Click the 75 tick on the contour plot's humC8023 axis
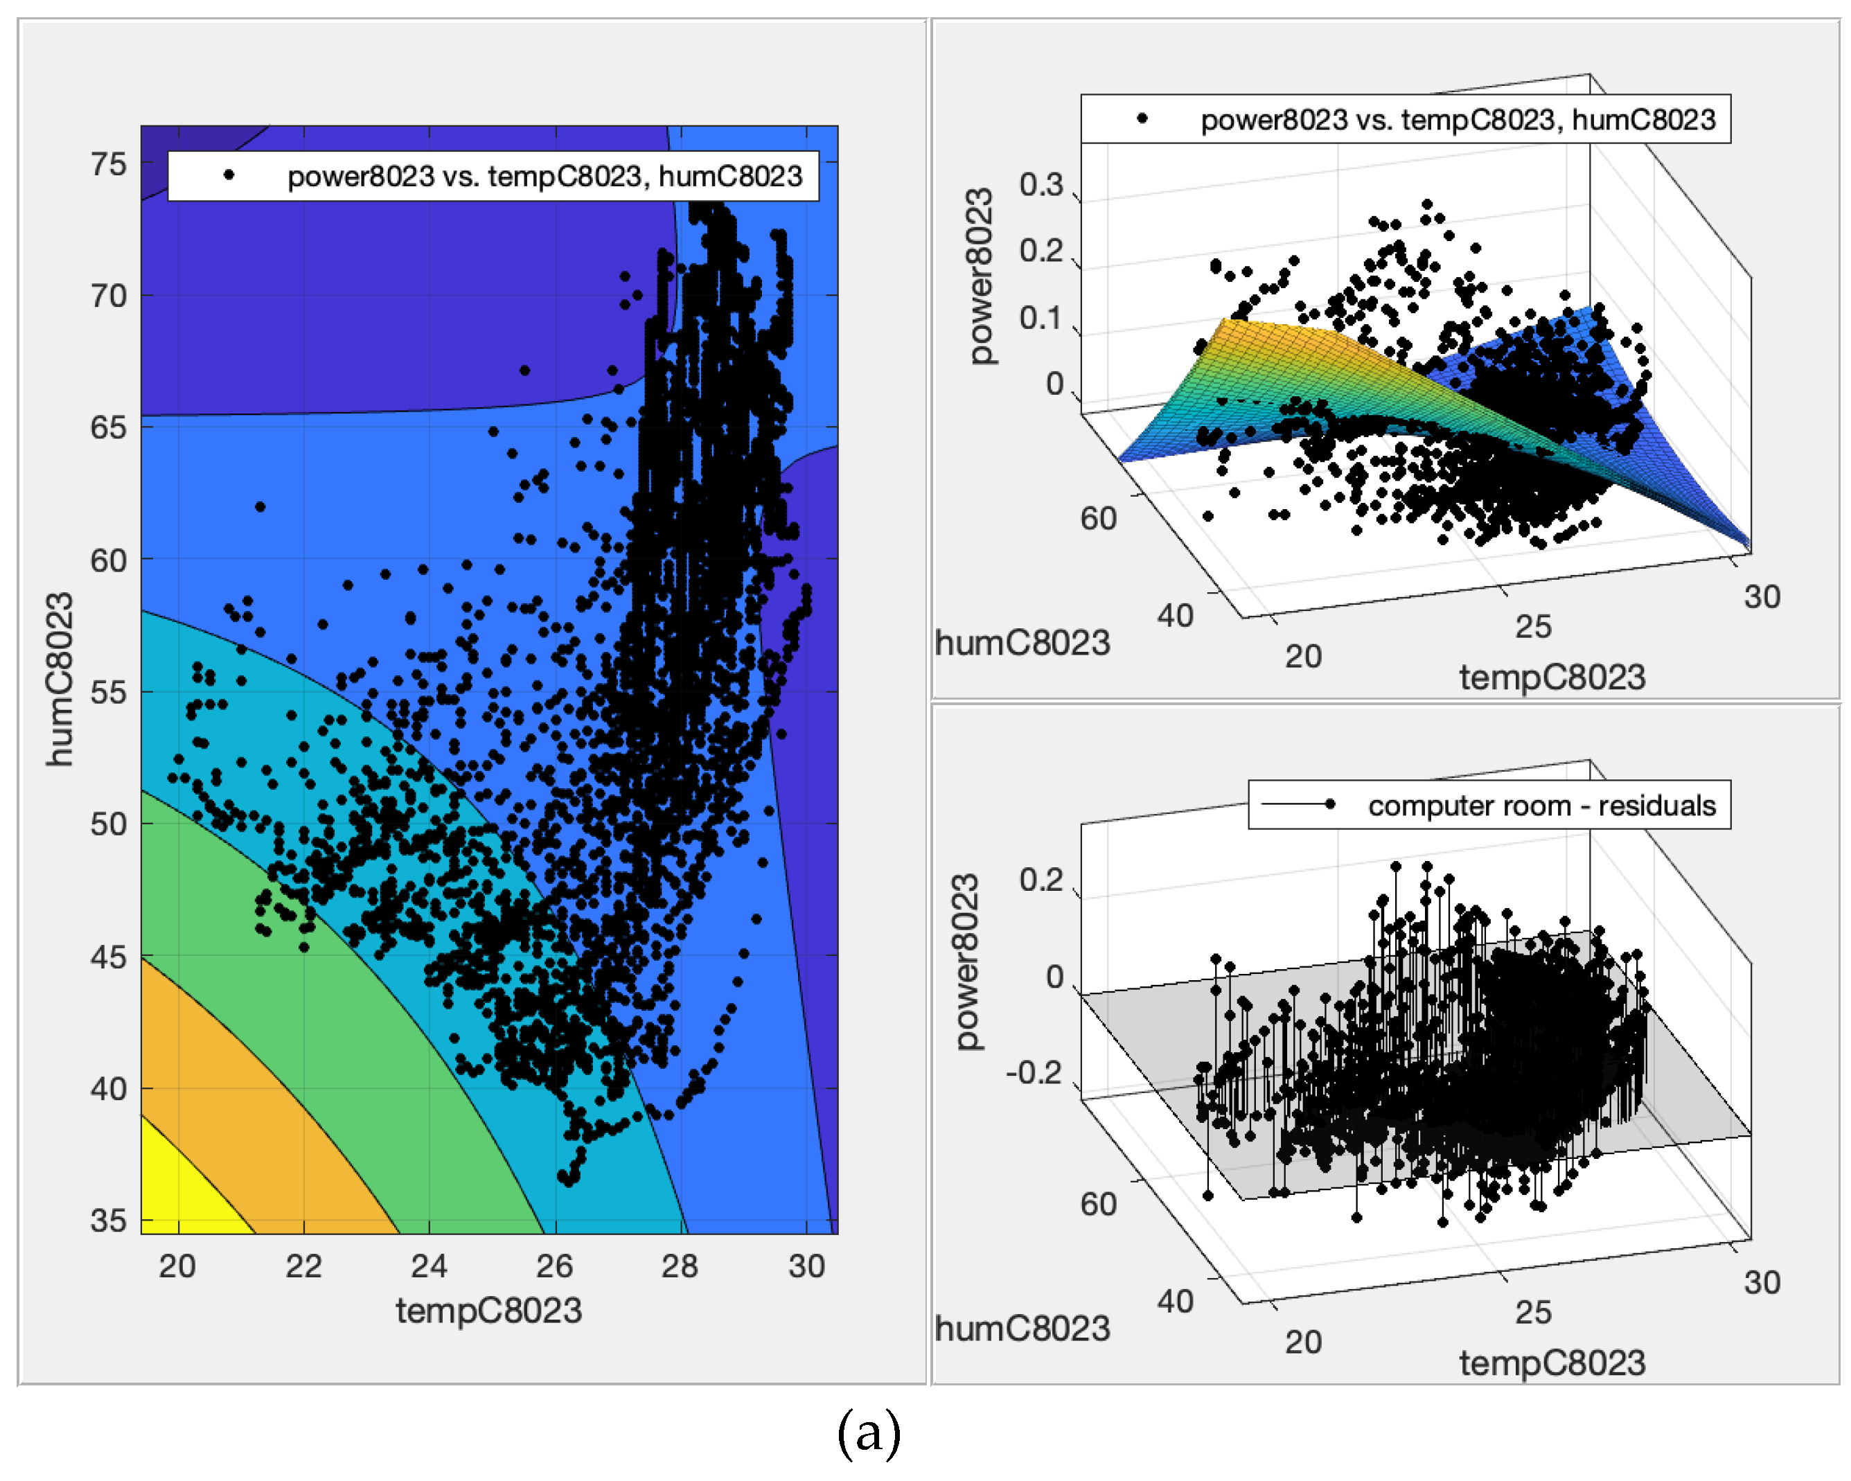tap(108, 164)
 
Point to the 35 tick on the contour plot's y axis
tap(108, 1220)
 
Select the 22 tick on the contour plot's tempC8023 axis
tap(303, 1266)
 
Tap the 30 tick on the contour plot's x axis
tap(806, 1266)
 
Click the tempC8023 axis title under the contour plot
tap(488, 1311)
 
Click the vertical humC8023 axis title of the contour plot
tap(60, 678)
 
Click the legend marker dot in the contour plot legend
tap(229, 175)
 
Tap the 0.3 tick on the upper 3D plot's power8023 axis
tap(1040, 184)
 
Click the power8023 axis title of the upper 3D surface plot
tap(980, 276)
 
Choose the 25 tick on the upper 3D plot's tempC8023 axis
tap(1532, 627)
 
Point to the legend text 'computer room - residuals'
tap(1541, 806)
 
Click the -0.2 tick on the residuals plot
tap(1034, 1072)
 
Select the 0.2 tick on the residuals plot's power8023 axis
tap(1040, 880)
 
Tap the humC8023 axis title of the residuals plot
tap(1022, 1328)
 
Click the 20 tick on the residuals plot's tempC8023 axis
tap(1302, 1342)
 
